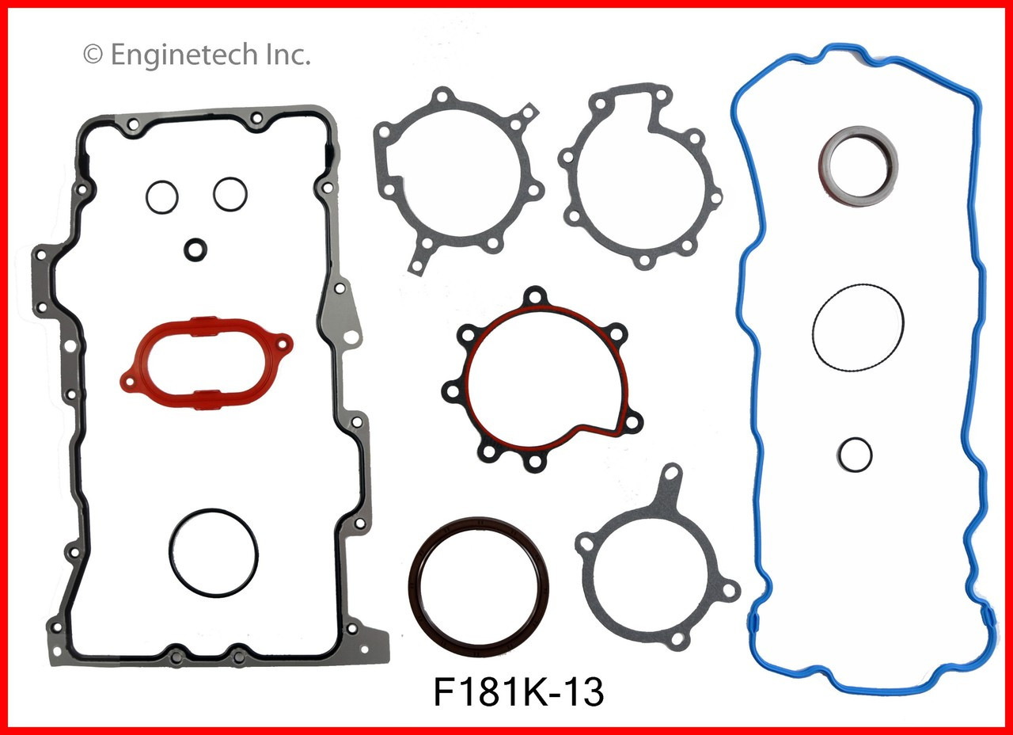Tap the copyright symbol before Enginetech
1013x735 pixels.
tap(93, 55)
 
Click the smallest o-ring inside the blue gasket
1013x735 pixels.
tap(855, 453)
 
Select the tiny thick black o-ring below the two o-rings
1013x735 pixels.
tap(195, 249)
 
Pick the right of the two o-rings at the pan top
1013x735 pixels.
tap(230, 193)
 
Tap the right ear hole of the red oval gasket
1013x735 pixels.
tap(280, 345)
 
